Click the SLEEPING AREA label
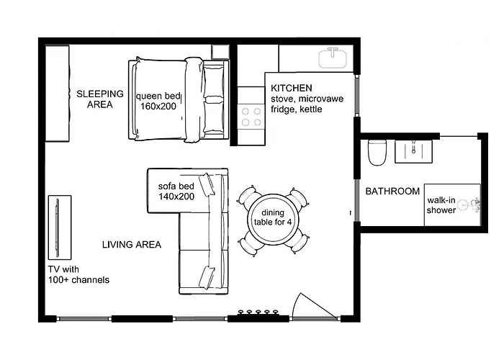(100, 99)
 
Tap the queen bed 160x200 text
(158, 101)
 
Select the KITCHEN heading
(291, 88)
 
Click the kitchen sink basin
(333, 58)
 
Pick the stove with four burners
(251, 117)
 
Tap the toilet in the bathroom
(377, 153)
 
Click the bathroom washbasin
(413, 151)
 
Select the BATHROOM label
(392, 192)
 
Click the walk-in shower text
(441, 205)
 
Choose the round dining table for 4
(273, 221)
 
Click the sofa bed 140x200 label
(176, 192)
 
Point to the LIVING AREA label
(132, 245)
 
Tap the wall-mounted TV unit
(60, 228)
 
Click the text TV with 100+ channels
(78, 274)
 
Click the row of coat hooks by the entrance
(258, 312)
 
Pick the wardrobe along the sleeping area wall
(57, 94)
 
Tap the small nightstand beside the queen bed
(220, 52)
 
